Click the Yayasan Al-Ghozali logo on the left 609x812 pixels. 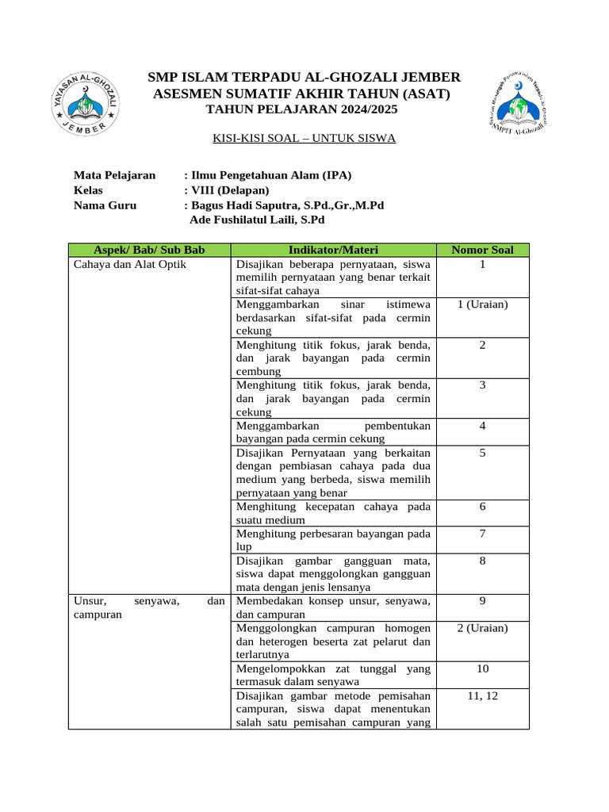86,101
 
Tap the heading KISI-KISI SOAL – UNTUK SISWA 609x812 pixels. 304,138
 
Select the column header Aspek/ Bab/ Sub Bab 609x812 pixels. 149,250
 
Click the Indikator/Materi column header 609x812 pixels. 333,250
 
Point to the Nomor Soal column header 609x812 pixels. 482,250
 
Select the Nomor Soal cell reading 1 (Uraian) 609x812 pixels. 482,304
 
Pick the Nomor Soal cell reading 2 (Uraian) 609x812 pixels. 482,628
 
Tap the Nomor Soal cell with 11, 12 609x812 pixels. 482,695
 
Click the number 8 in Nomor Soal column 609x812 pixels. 482,561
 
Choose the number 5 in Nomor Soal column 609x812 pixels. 482,453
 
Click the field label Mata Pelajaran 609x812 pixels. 114,175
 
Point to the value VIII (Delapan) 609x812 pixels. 230,190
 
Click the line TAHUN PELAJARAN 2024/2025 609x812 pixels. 304,109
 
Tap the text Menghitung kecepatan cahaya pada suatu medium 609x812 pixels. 333,513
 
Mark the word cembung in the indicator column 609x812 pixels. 258,371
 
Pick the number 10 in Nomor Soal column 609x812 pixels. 482,668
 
